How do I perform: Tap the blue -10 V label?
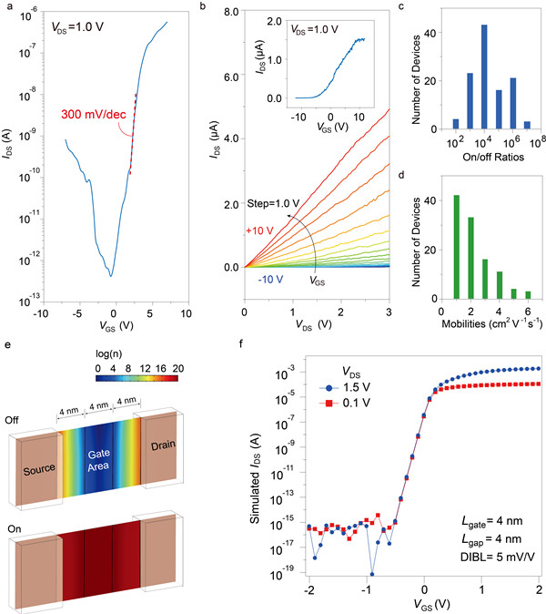click(264, 278)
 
